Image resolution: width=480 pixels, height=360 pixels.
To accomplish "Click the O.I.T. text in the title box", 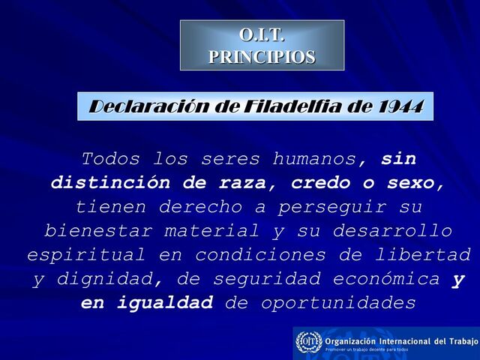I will click(x=262, y=35).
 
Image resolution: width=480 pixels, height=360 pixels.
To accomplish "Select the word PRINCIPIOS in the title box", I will click(x=262, y=56).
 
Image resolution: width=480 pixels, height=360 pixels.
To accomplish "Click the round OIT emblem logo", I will click(x=308, y=342).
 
